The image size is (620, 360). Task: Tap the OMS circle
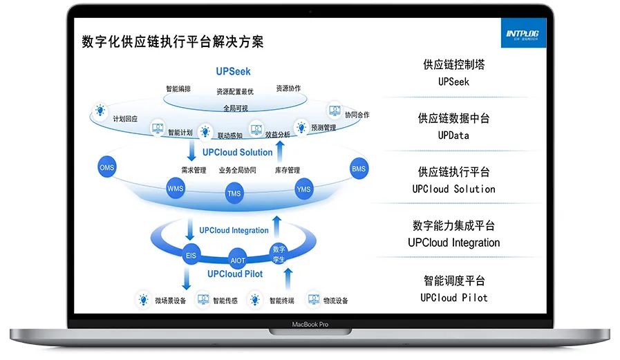pos(106,168)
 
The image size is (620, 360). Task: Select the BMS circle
pos(359,168)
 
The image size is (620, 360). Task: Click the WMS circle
pos(176,188)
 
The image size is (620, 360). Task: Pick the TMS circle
pos(234,193)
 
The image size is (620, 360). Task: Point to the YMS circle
pos(303,189)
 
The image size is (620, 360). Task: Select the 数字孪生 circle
pos(279,253)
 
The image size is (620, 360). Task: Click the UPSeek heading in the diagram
pos(233,71)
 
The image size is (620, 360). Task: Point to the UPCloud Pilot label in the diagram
pos(235,274)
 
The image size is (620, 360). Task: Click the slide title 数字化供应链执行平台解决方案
pos(172,41)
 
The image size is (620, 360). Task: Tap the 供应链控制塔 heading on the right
pos(453,65)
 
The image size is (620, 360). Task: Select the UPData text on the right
pos(453,135)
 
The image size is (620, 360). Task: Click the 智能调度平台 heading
pos(453,281)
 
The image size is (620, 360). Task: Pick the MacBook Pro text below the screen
pos(309,323)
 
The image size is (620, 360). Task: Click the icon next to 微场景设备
pos(144,300)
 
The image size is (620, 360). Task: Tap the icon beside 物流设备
pos(313,300)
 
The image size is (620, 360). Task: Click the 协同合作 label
pos(357,115)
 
